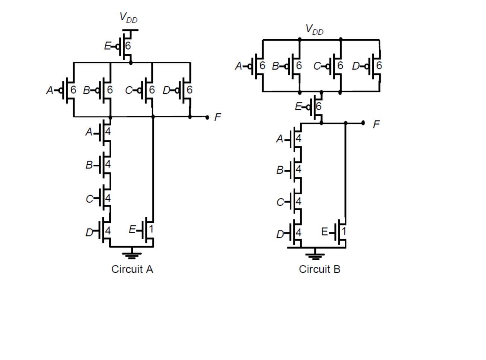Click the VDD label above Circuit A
[128, 17]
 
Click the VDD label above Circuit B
[314, 29]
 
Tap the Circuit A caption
[132, 269]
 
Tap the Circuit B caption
[319, 269]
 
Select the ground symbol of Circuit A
[131, 255]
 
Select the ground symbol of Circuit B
[315, 256]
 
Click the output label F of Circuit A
[217, 117]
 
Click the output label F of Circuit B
[376, 124]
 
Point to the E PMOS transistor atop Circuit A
[126, 46]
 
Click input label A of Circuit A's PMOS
[49, 90]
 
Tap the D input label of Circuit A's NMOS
[89, 232]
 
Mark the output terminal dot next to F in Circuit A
[207, 117]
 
